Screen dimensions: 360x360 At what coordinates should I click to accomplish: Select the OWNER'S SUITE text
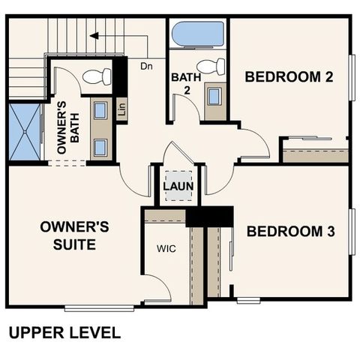click(75, 234)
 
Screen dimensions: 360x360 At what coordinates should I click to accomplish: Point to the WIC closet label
click(166, 248)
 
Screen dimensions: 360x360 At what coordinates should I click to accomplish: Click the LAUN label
click(178, 183)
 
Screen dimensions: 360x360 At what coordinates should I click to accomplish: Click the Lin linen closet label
click(121, 109)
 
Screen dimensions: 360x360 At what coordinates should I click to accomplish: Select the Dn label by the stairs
click(146, 65)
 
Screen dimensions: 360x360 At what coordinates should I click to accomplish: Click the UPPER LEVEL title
click(64, 332)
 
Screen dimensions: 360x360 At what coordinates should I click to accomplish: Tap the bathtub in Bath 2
click(198, 34)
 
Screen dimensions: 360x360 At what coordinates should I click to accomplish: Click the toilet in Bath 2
click(211, 67)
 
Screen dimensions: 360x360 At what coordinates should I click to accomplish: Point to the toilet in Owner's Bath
click(95, 76)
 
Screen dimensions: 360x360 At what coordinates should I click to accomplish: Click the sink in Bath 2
click(214, 97)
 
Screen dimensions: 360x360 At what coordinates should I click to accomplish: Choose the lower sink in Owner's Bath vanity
click(100, 145)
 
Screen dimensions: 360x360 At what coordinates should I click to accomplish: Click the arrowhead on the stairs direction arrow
click(91, 34)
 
